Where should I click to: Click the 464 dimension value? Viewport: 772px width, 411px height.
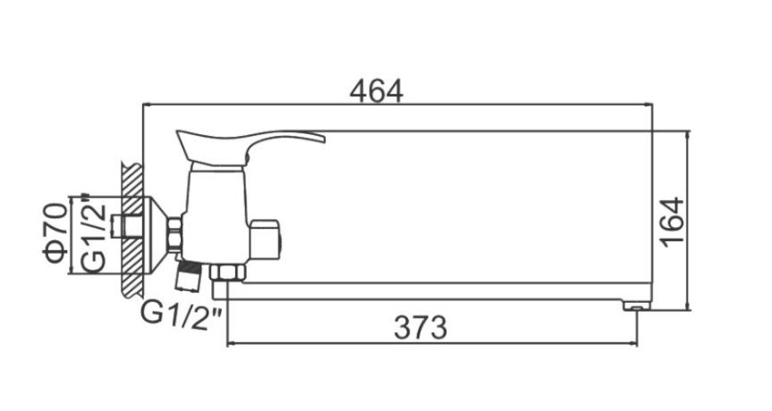[x=376, y=91]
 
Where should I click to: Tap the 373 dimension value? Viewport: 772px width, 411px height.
[x=420, y=327]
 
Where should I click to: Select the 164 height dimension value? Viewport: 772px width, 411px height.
[x=672, y=222]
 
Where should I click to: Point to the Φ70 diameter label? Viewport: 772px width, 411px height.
[x=55, y=232]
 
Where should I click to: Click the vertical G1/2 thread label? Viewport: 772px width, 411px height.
[x=94, y=232]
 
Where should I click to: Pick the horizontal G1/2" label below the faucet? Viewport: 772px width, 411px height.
[x=182, y=314]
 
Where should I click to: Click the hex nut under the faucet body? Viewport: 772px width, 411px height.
[x=227, y=272]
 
